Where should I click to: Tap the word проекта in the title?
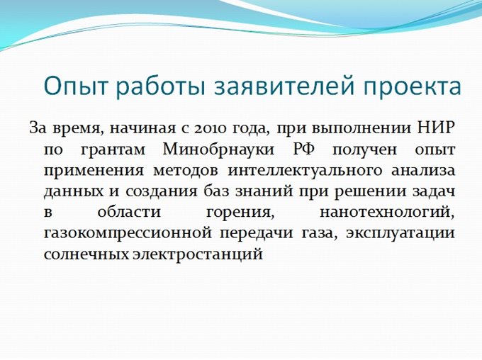tap(412, 86)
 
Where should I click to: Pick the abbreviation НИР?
tap(436, 128)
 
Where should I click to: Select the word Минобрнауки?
tap(218, 149)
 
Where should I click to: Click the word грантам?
tap(113, 150)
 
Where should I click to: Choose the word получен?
tap(364, 150)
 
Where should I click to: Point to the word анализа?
tap(423, 171)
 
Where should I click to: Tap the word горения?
tap(240, 213)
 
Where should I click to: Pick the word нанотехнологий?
tap(387, 213)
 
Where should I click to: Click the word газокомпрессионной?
tap(128, 233)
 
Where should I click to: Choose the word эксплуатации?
tap(400, 233)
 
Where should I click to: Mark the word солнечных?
tap(86, 254)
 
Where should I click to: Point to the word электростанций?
tap(198, 254)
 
